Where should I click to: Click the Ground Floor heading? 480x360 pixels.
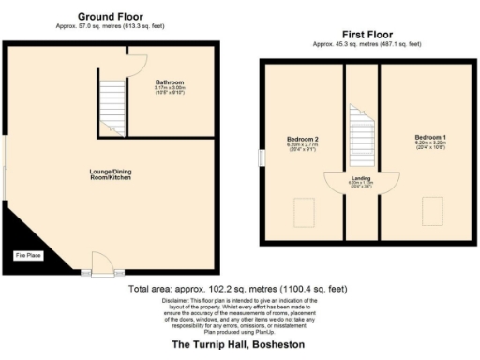click(x=112, y=17)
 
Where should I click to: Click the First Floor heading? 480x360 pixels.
click(x=367, y=36)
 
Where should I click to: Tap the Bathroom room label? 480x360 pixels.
click(x=170, y=82)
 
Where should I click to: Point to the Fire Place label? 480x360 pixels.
click(x=25, y=254)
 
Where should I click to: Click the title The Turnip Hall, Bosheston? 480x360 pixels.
click(x=239, y=345)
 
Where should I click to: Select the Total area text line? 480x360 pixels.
click(x=239, y=289)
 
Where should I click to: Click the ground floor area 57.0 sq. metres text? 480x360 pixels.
click(x=112, y=27)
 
